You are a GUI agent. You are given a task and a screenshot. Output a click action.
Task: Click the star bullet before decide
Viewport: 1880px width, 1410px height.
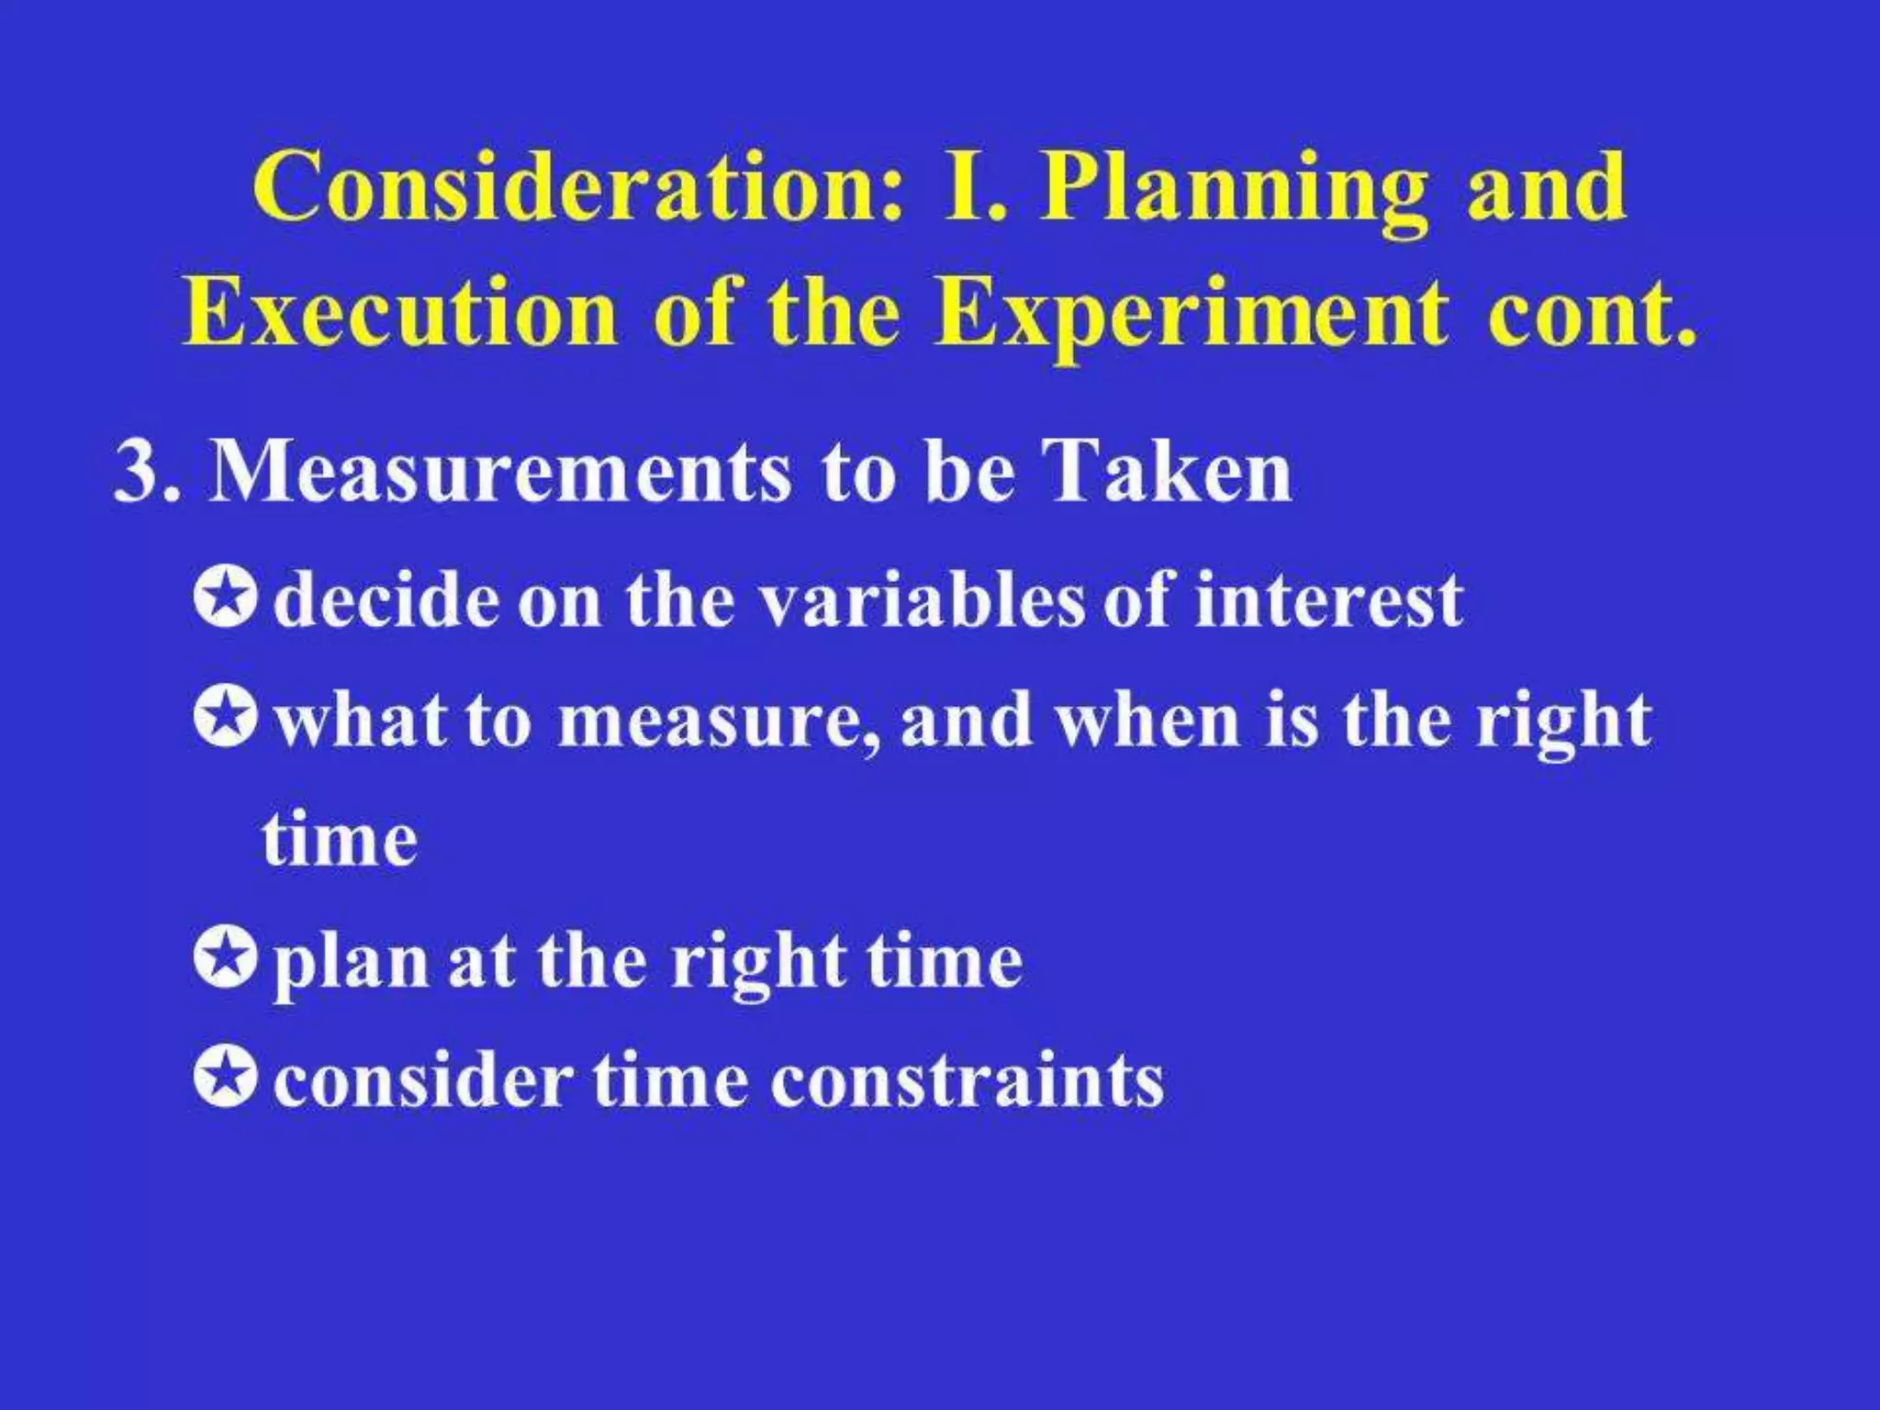click(x=223, y=599)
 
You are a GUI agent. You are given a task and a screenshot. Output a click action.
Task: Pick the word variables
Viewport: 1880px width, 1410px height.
click(x=923, y=600)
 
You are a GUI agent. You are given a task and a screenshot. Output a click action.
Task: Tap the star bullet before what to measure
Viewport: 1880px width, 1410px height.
click(x=223, y=717)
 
